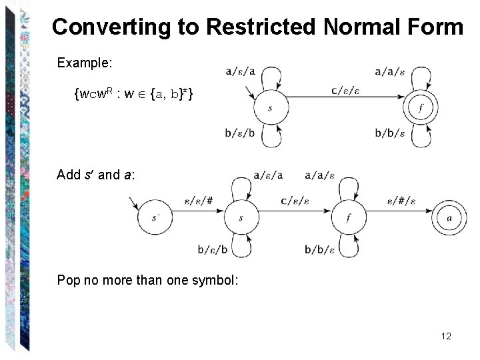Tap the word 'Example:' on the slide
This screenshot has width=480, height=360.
coord(85,63)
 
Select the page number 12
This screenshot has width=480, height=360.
coord(446,336)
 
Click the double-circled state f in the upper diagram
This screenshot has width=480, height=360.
coord(421,107)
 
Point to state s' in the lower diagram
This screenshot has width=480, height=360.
coord(155,217)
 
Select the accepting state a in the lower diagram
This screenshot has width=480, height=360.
coord(449,217)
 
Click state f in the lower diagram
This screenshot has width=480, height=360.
coord(349,217)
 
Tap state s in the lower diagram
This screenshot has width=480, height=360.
coord(241,217)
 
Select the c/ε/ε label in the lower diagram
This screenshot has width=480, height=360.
coord(295,200)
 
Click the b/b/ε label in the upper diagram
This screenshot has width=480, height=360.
coord(390,133)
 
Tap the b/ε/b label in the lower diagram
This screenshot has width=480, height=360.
coord(213,250)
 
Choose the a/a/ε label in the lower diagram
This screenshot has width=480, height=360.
coord(319,176)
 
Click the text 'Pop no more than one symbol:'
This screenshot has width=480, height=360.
coord(147,280)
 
